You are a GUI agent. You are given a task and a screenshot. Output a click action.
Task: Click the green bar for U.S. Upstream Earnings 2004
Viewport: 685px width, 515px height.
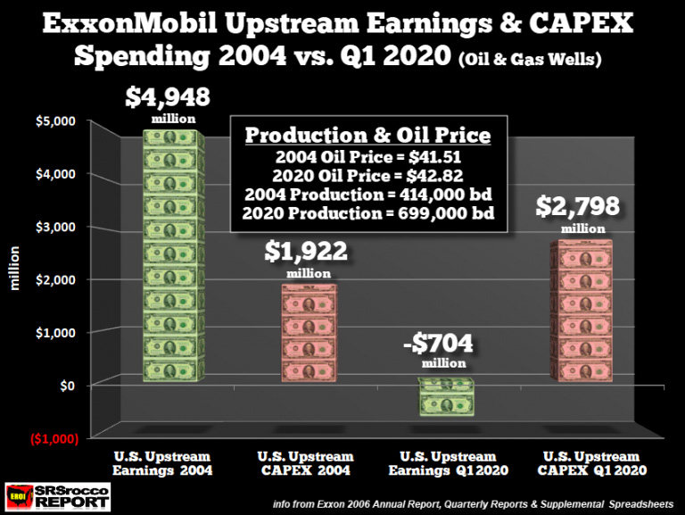click(172, 259)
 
